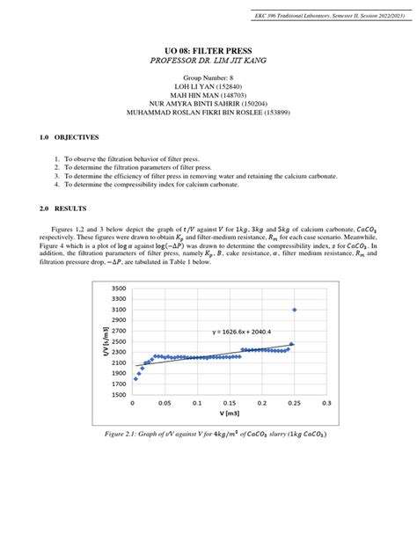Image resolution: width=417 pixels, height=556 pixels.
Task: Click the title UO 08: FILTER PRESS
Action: [208, 51]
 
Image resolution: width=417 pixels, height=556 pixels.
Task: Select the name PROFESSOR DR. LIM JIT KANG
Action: [208, 62]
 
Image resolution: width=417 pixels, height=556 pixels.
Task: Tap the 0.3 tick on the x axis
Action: [326, 403]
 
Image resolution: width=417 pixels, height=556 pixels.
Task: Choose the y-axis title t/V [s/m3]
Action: [104, 330]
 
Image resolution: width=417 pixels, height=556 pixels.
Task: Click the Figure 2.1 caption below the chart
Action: [208, 434]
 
